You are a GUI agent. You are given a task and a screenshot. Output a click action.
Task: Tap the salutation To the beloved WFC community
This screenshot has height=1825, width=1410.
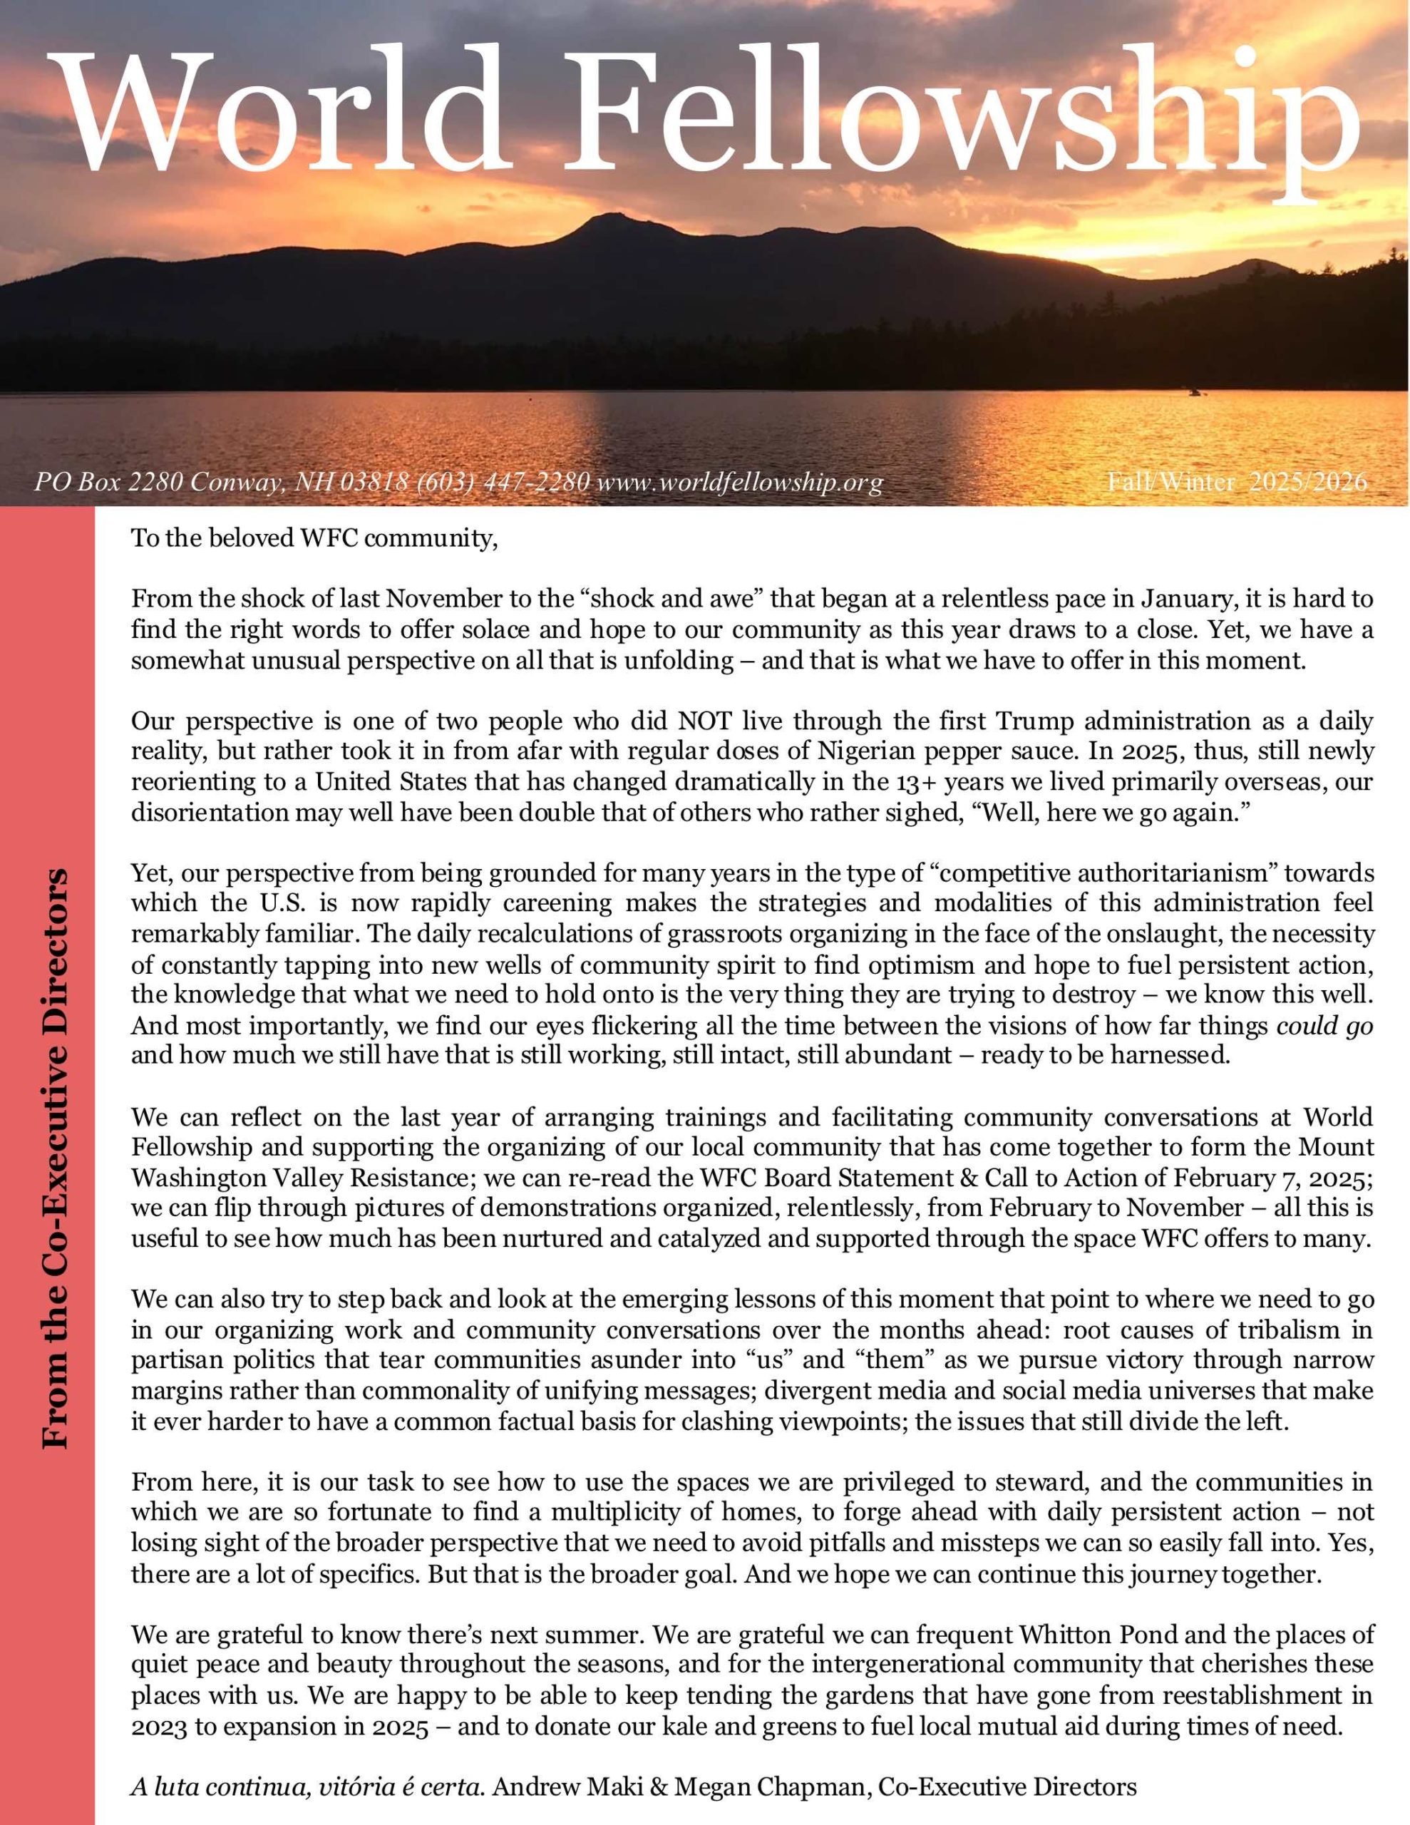tap(314, 538)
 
